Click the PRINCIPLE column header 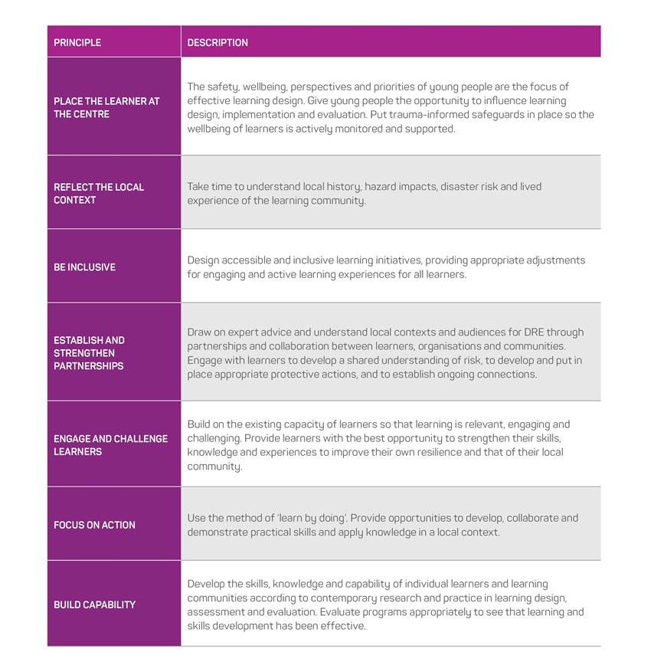tap(77, 43)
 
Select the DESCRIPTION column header tap(218, 43)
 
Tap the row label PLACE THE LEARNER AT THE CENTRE tap(106, 107)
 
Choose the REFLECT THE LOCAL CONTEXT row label tap(99, 193)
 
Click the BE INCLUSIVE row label tap(84, 267)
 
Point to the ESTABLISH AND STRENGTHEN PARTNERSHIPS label tap(89, 353)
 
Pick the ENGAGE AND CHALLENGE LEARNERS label tap(110, 445)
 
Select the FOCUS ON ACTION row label tap(94, 525)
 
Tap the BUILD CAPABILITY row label tap(94, 604)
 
